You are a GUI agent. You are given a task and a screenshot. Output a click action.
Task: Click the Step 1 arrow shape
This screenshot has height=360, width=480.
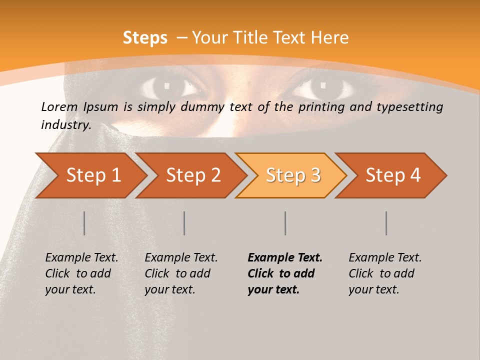click(93, 175)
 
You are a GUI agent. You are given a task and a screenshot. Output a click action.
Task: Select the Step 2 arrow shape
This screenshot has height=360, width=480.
click(193, 175)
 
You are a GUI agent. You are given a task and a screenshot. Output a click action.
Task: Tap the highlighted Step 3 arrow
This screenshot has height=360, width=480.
click(293, 175)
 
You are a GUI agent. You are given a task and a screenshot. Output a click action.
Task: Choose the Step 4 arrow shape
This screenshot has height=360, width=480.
click(393, 175)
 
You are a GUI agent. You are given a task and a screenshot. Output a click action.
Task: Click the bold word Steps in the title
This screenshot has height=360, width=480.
click(145, 37)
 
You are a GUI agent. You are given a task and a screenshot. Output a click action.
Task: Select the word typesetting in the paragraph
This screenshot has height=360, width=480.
click(412, 107)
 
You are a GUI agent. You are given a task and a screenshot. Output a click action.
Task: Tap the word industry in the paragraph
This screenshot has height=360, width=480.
click(65, 124)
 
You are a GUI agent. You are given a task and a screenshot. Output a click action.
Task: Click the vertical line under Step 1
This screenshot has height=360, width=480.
click(84, 223)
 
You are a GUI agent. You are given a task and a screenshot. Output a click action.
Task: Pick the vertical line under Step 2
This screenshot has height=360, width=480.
click(184, 223)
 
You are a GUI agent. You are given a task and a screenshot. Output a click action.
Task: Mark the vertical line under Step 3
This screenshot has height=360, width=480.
click(285, 223)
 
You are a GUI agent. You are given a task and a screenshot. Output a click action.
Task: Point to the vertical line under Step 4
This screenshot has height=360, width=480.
click(386, 223)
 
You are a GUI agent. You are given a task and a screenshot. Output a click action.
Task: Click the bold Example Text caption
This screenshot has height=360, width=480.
click(285, 258)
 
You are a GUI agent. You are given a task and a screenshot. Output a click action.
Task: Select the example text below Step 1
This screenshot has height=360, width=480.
click(81, 273)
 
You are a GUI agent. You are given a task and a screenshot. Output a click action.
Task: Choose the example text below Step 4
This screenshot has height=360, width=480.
click(385, 273)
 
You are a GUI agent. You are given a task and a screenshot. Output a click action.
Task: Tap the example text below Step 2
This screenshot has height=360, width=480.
click(181, 273)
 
